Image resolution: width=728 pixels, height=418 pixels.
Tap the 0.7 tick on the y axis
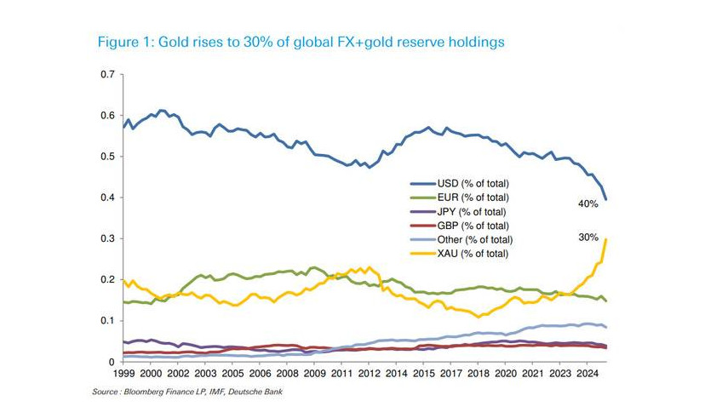point(107,75)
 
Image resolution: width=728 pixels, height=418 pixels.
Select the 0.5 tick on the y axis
point(107,157)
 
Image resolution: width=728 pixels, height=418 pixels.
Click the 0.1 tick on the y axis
point(107,321)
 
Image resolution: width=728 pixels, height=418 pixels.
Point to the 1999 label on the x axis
point(123,374)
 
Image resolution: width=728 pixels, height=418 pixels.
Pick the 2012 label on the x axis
point(369,374)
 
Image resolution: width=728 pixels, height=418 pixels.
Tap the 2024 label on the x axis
point(587,374)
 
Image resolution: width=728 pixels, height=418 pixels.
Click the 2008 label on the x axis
point(287,374)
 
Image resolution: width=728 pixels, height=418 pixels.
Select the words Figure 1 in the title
point(123,42)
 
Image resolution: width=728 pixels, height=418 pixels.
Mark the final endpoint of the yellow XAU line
point(605,239)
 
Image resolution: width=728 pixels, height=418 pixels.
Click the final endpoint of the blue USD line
point(605,199)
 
